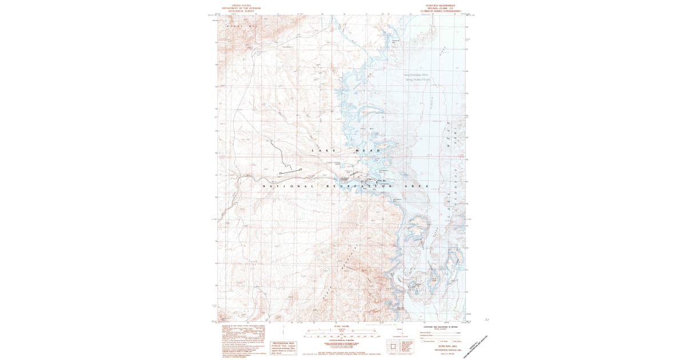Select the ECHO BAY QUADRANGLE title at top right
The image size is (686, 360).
[x=439, y=5]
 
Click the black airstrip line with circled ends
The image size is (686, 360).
[x=290, y=171]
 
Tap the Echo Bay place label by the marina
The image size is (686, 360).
[x=378, y=179]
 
